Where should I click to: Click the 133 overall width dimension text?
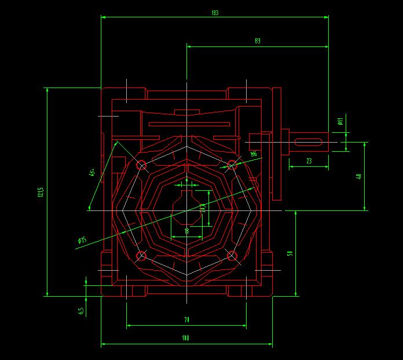(x=215, y=12)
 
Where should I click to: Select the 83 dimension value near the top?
(x=257, y=41)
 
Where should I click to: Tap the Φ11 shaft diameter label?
(x=340, y=121)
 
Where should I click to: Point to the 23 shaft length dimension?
(x=309, y=161)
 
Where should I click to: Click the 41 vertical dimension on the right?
(x=359, y=176)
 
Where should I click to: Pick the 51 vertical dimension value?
(x=290, y=253)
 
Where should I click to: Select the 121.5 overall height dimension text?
(x=40, y=192)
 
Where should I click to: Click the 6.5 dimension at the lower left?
(x=81, y=311)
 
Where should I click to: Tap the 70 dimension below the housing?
(x=186, y=319)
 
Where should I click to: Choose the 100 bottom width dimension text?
(x=186, y=338)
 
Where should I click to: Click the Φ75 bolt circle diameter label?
(x=82, y=240)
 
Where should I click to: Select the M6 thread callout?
(x=254, y=154)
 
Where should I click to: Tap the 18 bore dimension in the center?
(x=186, y=231)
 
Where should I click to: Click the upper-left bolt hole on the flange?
(x=141, y=166)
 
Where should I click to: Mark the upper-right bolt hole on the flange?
(x=232, y=165)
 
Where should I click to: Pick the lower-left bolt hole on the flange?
(x=141, y=256)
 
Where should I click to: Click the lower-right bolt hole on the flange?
(x=232, y=256)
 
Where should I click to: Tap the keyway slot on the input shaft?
(x=308, y=141)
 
